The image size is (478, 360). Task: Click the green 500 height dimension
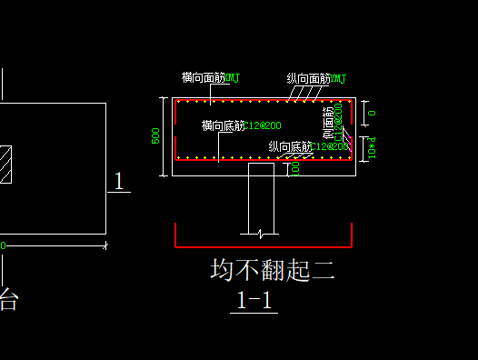tap(156, 135)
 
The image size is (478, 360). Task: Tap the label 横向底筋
tap(223, 125)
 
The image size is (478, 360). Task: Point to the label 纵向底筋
tap(289, 146)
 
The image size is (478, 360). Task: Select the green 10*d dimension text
tap(373, 148)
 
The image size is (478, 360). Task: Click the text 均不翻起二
tap(273, 270)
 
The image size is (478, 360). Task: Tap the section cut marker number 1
tap(119, 181)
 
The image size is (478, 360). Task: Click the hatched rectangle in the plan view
tap(5, 165)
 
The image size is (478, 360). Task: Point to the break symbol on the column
tap(261, 233)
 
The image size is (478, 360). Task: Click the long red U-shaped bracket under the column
tap(262, 245)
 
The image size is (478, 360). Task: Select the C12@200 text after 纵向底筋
tap(330, 146)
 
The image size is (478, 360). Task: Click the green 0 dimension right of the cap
tap(372, 113)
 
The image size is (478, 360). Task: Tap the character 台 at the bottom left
tap(8, 300)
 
